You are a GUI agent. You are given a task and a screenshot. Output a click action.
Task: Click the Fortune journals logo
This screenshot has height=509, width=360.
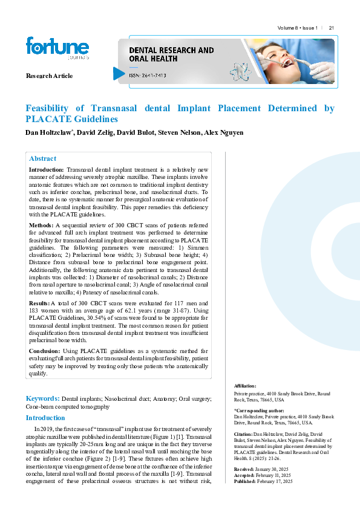pyautogui.click(x=57, y=48)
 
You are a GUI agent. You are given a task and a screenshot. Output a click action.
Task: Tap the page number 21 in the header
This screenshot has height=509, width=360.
pyautogui.click(x=332, y=28)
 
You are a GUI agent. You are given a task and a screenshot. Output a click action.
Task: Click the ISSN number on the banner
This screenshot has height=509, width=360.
pyautogui.click(x=148, y=76)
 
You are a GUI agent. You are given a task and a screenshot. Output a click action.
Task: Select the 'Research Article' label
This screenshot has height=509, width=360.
pyautogui.click(x=49, y=76)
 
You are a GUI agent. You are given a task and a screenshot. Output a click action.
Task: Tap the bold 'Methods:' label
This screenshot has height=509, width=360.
pyautogui.click(x=42, y=224)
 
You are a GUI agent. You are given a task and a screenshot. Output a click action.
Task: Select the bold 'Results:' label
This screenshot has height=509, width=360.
pyautogui.click(x=40, y=302)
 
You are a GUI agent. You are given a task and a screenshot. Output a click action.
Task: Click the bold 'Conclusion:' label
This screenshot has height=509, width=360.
pyautogui.click(x=44, y=351)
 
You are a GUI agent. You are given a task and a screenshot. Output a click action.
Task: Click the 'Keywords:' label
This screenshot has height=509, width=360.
pyautogui.click(x=42, y=398)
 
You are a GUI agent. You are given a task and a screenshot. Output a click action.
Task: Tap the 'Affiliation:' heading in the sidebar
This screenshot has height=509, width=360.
pyautogui.click(x=245, y=386)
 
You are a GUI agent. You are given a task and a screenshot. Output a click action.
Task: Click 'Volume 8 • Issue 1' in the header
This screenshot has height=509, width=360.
pyautogui.click(x=298, y=28)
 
